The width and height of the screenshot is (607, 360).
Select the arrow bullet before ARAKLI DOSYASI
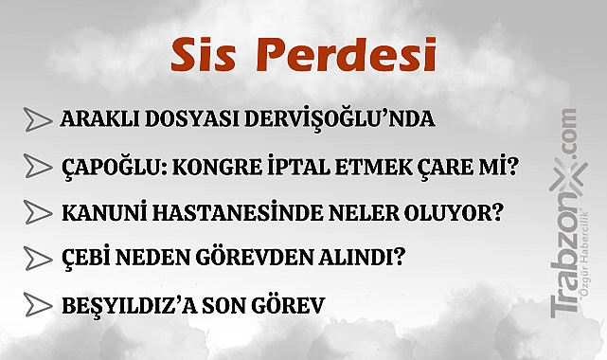click(38, 120)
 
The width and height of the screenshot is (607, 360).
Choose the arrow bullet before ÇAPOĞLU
click(38, 167)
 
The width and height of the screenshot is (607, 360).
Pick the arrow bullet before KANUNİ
click(38, 212)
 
